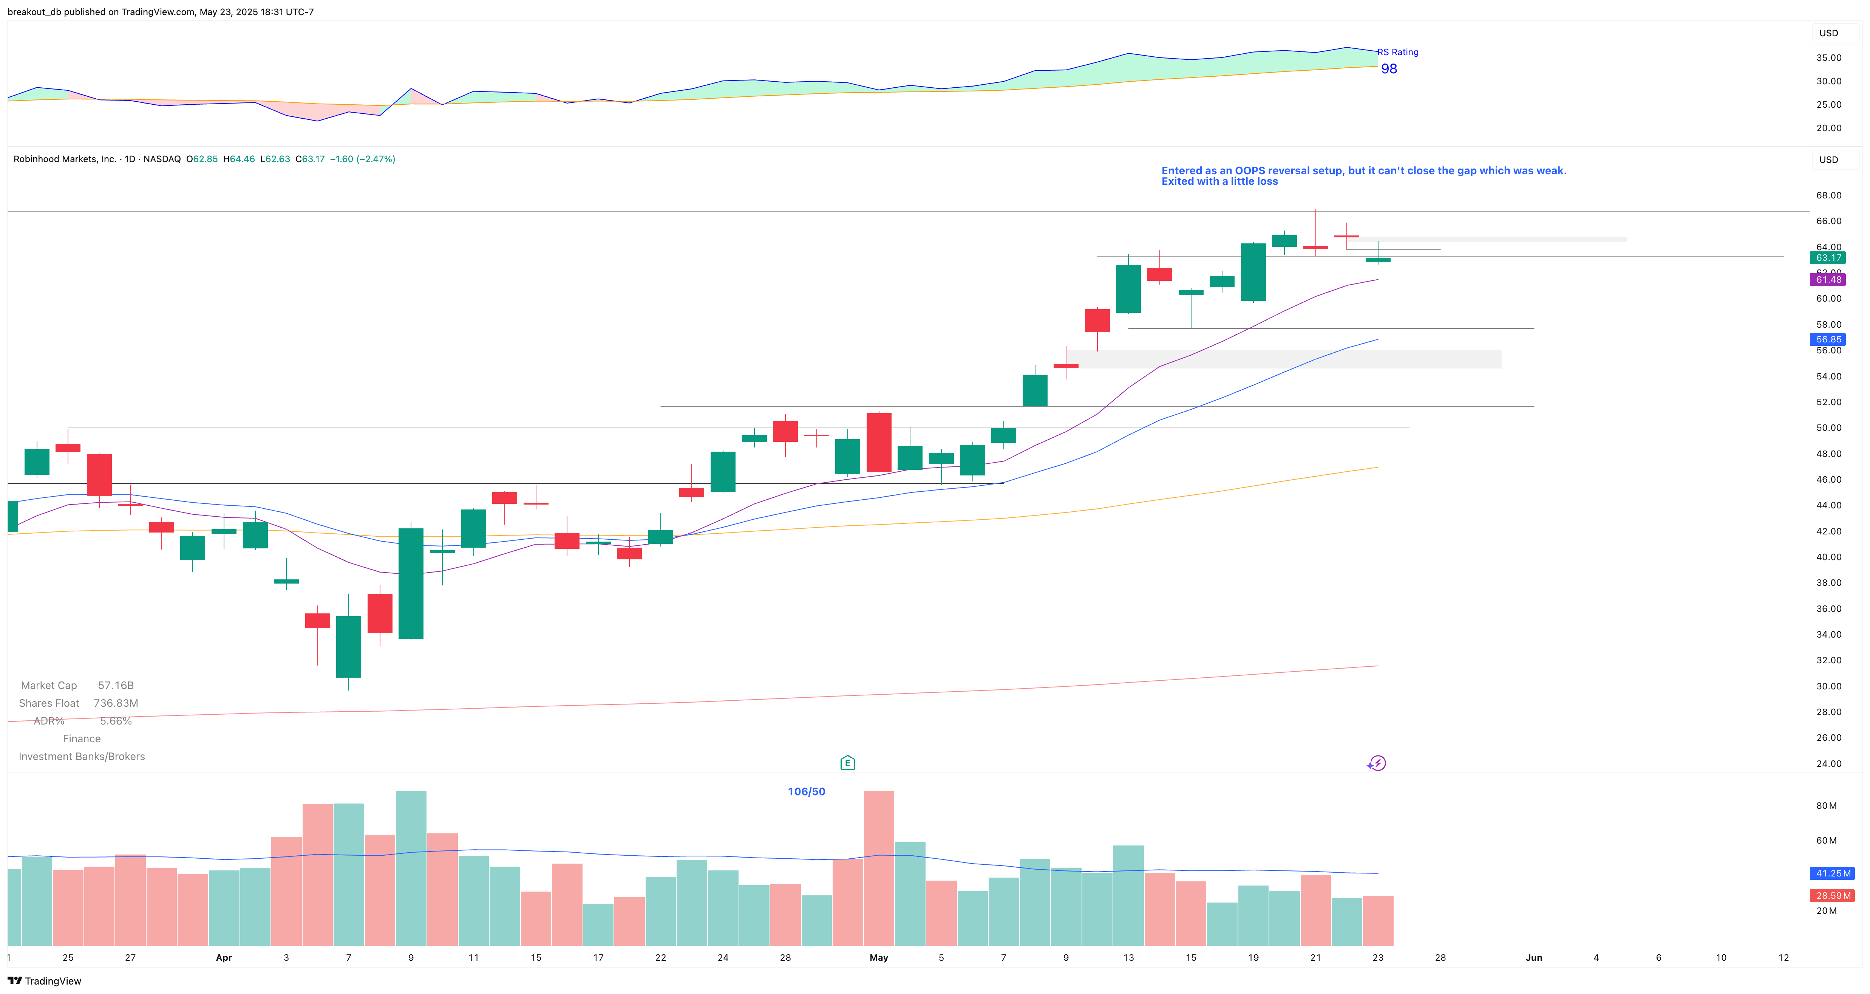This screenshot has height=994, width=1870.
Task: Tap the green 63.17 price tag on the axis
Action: pos(1828,258)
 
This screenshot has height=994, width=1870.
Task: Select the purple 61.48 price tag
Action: pos(1828,280)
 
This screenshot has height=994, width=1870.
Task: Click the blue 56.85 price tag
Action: pos(1828,339)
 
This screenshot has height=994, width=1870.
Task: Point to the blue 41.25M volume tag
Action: pos(1832,873)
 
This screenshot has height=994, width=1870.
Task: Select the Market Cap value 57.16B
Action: pos(116,686)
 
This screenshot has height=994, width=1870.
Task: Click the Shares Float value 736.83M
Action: pos(116,703)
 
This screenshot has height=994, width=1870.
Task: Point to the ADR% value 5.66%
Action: pos(116,721)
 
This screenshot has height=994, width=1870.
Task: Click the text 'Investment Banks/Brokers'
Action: pos(81,757)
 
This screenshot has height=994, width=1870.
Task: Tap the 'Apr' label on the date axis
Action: pos(224,958)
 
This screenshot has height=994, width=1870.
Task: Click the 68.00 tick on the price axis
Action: pos(1828,195)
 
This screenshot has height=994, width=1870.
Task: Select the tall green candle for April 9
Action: pos(411,583)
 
